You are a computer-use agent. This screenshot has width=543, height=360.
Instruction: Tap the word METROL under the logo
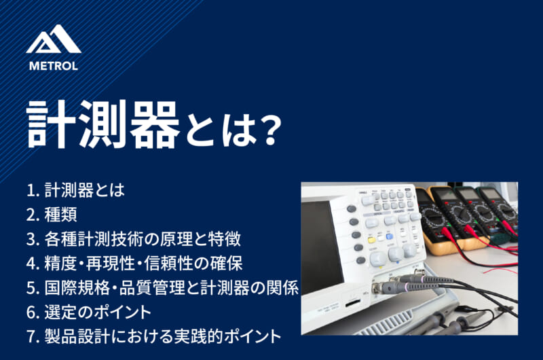[54, 66]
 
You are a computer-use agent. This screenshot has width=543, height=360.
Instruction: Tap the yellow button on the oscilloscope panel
[372, 240]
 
